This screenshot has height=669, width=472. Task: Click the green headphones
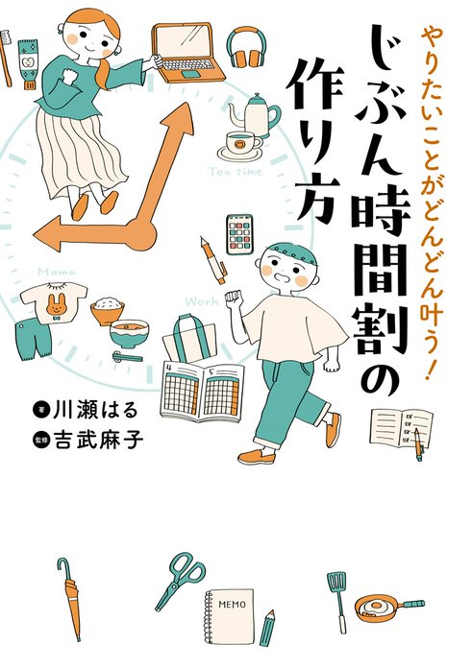244,48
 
